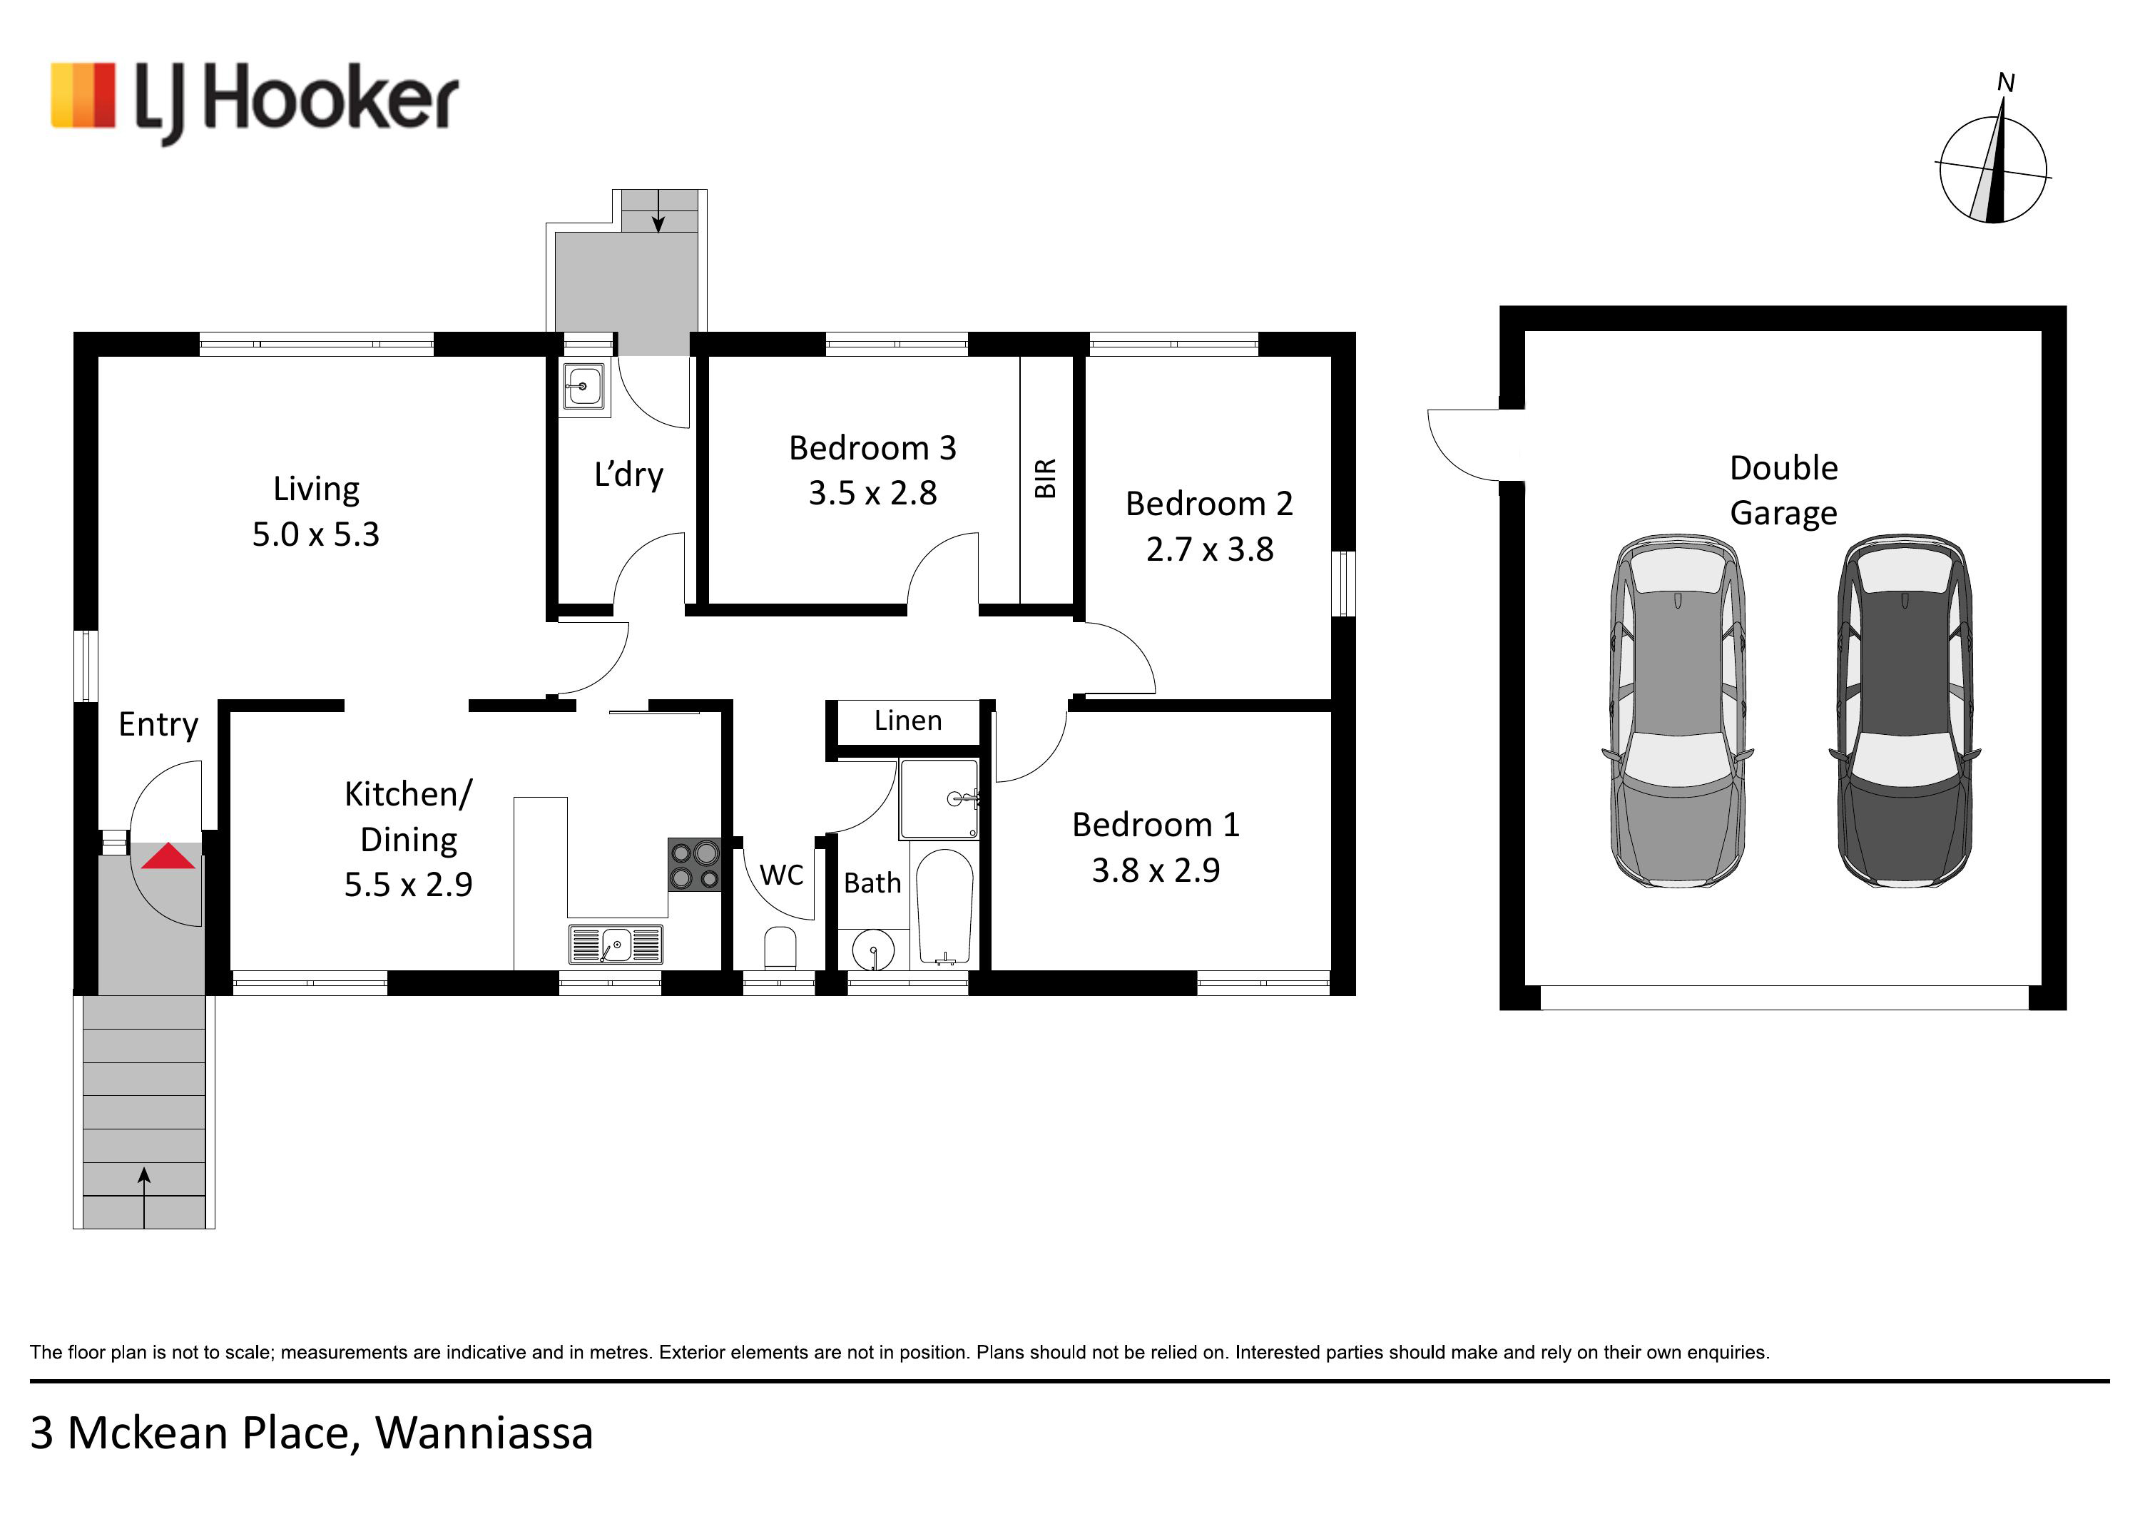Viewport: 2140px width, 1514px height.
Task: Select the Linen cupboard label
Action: [x=908, y=721]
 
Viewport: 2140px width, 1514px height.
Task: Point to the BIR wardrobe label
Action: [x=1046, y=478]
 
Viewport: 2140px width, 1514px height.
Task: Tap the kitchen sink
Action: [x=615, y=945]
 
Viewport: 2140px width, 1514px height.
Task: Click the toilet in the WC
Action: [x=780, y=949]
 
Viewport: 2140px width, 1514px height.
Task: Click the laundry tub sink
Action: [x=584, y=385]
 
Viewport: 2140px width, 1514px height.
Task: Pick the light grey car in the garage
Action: [x=1678, y=711]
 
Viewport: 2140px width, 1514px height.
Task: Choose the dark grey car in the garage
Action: [x=1904, y=711]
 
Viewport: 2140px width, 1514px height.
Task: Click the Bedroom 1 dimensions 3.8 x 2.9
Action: [x=1156, y=870]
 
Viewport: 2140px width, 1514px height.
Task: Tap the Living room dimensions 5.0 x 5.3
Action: [x=316, y=535]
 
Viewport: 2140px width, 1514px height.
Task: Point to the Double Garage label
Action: [x=1784, y=490]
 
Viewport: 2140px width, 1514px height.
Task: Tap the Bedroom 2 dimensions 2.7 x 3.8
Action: [x=1210, y=550]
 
